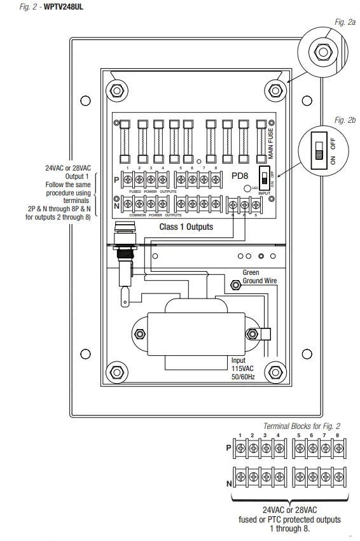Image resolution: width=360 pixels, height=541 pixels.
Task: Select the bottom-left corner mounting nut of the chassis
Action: click(x=114, y=371)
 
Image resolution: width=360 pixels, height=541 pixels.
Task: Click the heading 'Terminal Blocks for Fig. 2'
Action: click(x=301, y=426)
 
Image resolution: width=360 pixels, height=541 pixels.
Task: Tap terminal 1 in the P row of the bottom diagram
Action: click(x=240, y=447)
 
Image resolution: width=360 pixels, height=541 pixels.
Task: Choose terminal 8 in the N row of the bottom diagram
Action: click(x=337, y=475)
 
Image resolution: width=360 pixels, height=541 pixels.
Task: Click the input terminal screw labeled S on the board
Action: click(x=257, y=206)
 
